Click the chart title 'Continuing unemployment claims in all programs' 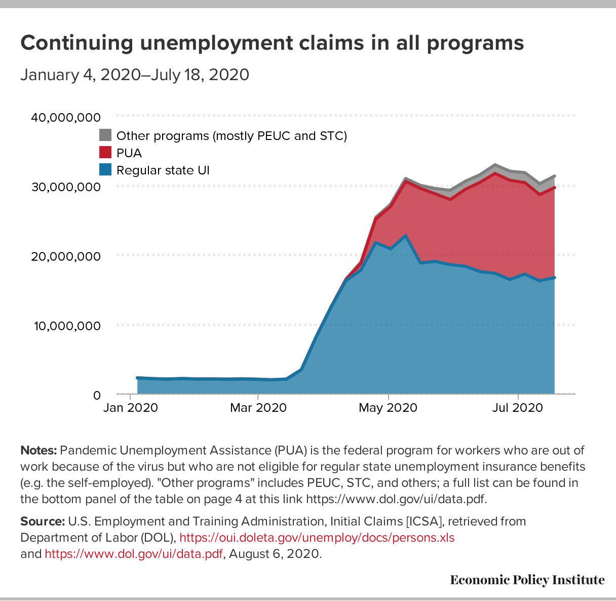[x=272, y=43]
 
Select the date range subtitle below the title [x=135, y=75]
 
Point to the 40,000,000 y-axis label [x=66, y=118]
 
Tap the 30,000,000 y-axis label [x=66, y=187]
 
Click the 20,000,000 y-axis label [x=66, y=256]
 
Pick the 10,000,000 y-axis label [x=66, y=326]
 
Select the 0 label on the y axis [x=97, y=395]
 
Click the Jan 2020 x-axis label [x=130, y=408]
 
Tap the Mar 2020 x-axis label [x=258, y=408]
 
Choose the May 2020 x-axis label [x=388, y=408]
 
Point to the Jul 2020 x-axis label [x=518, y=408]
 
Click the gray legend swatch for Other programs [x=105, y=135]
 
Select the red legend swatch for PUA [x=105, y=152]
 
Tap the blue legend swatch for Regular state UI [x=105, y=169]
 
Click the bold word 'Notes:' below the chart [x=38, y=450]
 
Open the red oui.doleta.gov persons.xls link [x=317, y=538]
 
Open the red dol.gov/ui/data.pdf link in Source [x=134, y=554]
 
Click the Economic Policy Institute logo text [x=527, y=580]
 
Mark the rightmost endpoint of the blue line [x=555, y=277]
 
